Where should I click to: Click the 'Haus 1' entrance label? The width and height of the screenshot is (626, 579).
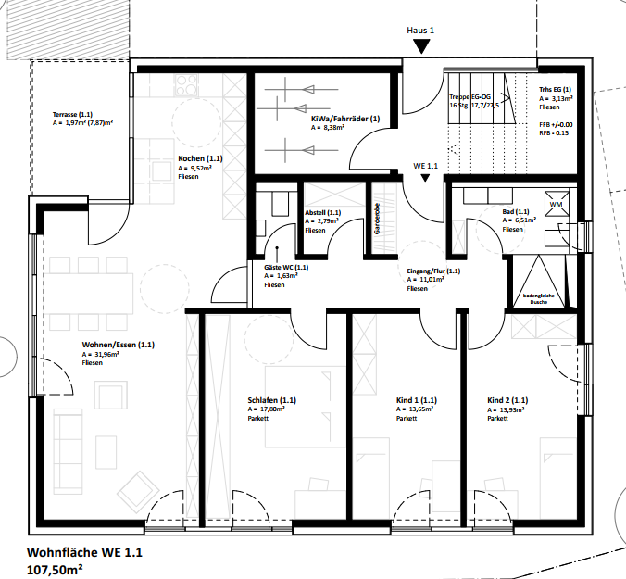(420, 31)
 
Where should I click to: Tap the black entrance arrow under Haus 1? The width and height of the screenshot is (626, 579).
(421, 45)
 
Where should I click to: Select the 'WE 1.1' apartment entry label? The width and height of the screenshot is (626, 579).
(425, 166)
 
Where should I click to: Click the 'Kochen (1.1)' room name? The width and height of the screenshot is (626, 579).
(200, 158)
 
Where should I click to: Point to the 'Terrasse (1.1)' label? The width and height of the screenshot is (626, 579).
(80, 113)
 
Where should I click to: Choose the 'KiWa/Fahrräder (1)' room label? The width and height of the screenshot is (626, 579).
(345, 119)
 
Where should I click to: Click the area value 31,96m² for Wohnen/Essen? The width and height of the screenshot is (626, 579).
(103, 354)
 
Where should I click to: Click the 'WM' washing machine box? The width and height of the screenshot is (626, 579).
(556, 203)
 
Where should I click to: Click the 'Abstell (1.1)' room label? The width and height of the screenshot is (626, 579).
(323, 212)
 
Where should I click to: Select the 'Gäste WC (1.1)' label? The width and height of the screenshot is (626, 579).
(286, 267)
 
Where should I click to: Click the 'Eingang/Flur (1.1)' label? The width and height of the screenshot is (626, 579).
(433, 271)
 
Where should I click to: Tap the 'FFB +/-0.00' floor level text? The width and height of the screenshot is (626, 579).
(556, 124)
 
